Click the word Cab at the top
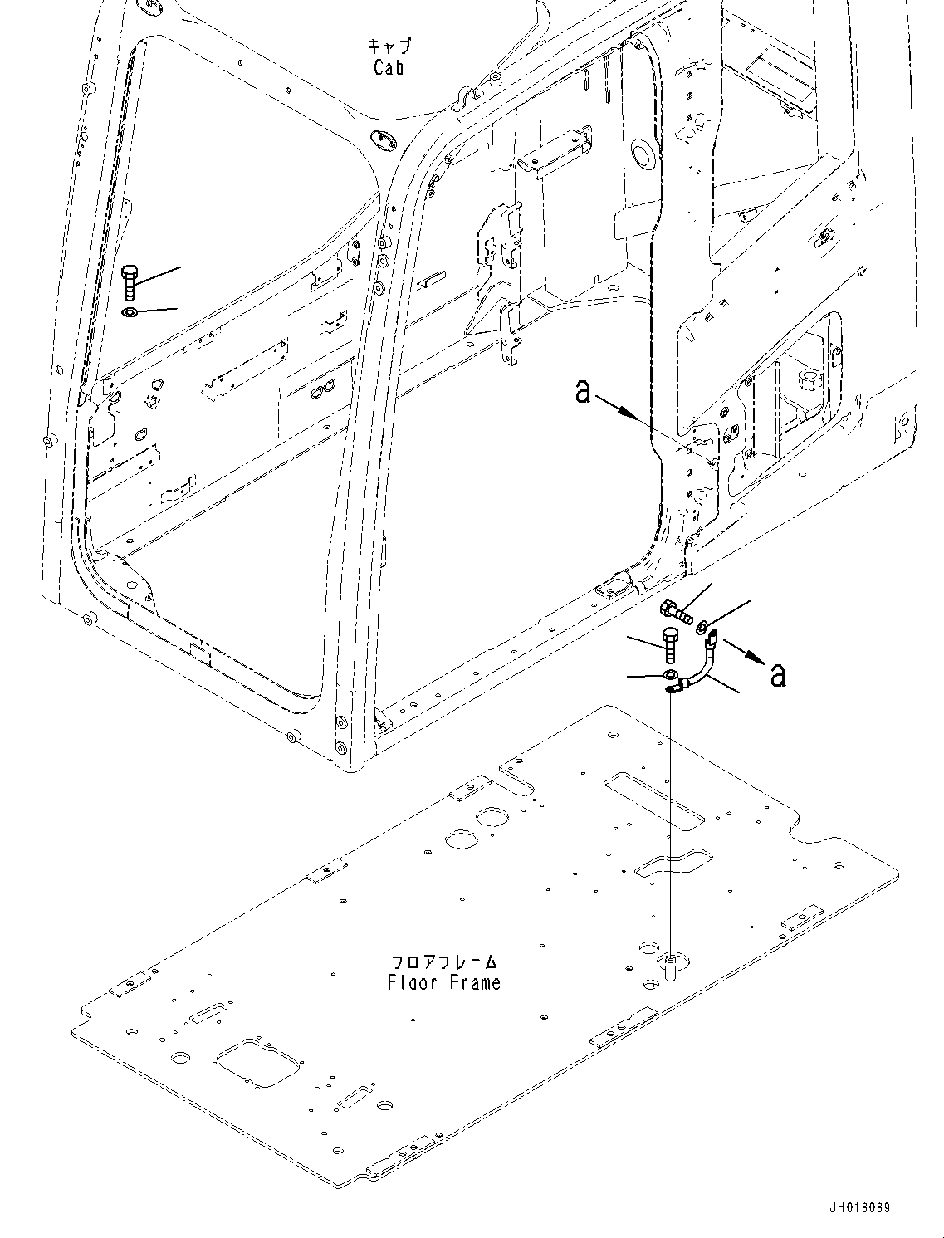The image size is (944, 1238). coord(388,67)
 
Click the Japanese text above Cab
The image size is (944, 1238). coord(389,46)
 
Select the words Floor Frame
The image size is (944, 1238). coord(444,982)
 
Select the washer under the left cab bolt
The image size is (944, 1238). coord(130,313)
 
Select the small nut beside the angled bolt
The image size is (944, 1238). coord(702,624)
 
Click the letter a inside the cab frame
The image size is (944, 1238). coord(583,391)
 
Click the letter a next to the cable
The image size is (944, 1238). coord(777,674)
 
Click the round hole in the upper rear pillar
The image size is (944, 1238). coord(643,152)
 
